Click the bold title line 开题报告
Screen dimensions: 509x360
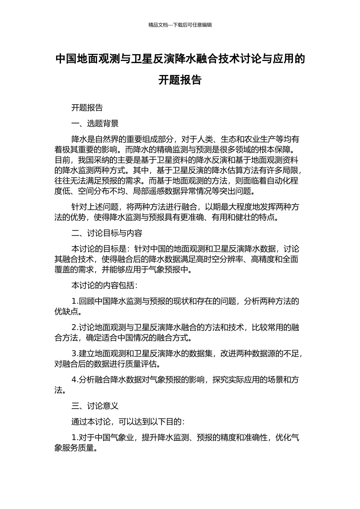pyautogui.click(x=180, y=80)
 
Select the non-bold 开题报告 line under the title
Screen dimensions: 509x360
pyautogui.click(x=87, y=108)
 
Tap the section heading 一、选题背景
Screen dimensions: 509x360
pyautogui.click(x=95, y=123)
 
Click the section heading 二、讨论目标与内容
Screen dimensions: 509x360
pyautogui.click(x=107, y=233)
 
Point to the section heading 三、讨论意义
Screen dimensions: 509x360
pyautogui.click(x=95, y=406)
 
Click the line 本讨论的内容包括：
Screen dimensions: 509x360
pyautogui.click(x=105, y=286)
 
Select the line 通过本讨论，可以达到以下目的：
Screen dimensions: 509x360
pyautogui.click(x=128, y=422)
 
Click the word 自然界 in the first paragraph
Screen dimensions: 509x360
pyautogui.click(x=107, y=139)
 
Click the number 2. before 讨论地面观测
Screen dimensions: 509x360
pyautogui.click(x=75, y=328)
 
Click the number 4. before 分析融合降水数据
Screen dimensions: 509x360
pyautogui.click(x=75, y=380)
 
